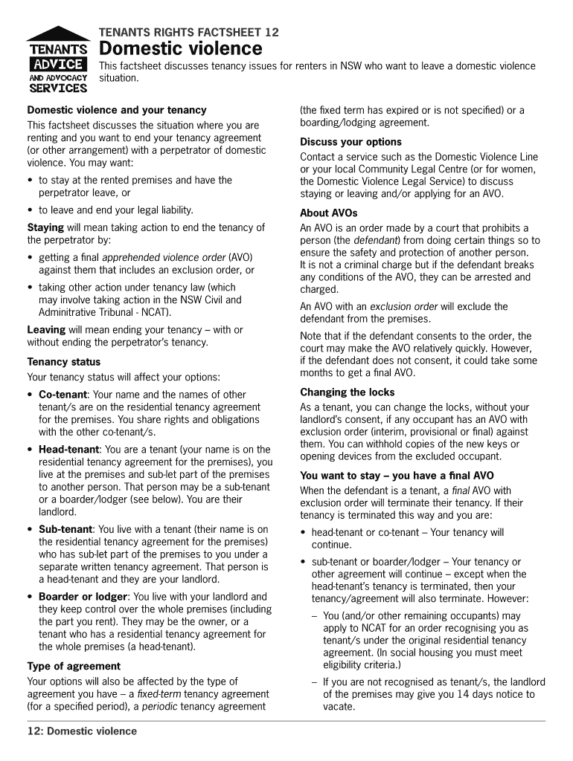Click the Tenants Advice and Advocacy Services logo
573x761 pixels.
[x=58, y=60]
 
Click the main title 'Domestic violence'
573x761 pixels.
[x=181, y=49]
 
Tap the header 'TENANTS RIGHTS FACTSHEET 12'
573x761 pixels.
[x=189, y=33]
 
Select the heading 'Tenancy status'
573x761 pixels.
[x=64, y=362]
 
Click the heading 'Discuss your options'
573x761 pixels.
[x=350, y=142]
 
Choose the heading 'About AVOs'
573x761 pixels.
[x=328, y=213]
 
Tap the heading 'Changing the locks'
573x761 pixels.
[x=348, y=392]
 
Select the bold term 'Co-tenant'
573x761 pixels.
[x=63, y=395]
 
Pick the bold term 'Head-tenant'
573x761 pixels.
[x=68, y=450]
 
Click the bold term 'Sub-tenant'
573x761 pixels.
[x=65, y=529]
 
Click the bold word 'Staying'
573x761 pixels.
[x=45, y=227]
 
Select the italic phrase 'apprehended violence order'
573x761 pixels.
[x=164, y=258]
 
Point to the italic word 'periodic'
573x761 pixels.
[x=159, y=706]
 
